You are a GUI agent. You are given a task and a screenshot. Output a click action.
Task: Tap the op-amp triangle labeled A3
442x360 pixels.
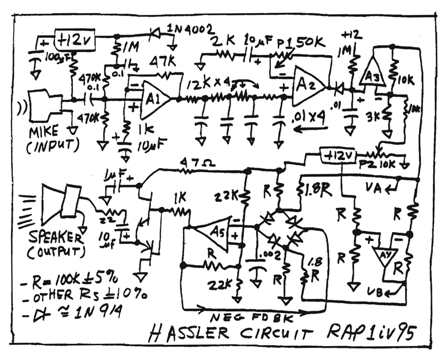point(369,74)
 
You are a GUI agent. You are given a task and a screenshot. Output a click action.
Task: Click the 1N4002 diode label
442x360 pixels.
point(191,27)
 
